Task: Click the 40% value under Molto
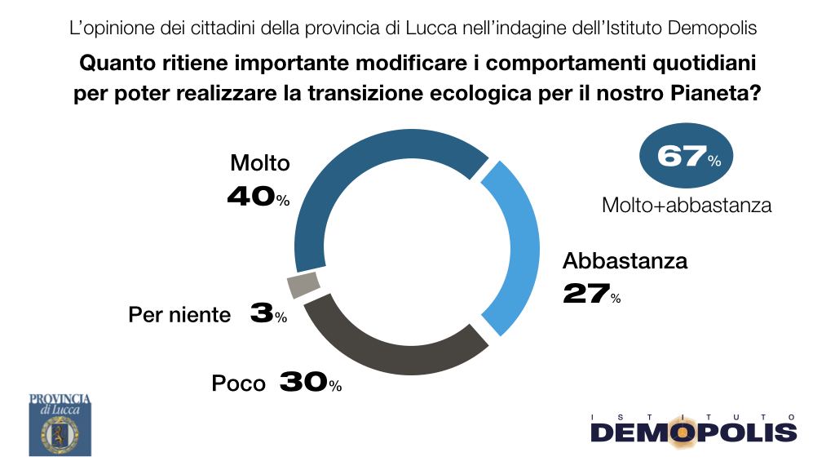pos(258,196)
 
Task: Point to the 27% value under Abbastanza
pos(592,294)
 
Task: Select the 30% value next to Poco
pos(311,382)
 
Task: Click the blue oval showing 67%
pos(686,156)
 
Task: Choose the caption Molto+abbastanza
pos(687,205)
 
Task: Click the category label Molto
pos(260,163)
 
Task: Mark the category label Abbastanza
pos(625,260)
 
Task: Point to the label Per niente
pos(179,315)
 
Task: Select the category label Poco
pos(238,384)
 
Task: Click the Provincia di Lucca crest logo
pos(60,425)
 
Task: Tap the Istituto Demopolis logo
pos(694,429)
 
